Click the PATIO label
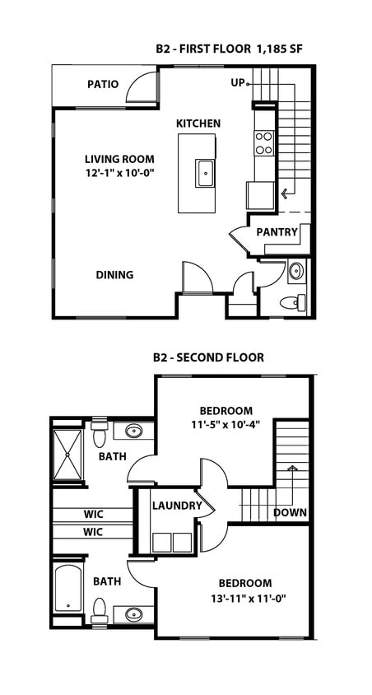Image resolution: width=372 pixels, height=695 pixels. tap(103, 84)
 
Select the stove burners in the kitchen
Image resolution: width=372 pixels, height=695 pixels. tap(263, 143)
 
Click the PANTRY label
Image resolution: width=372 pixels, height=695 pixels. tap(277, 232)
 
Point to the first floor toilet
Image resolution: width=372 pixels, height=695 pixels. tap(291, 303)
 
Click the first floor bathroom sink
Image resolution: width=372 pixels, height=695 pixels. tap(296, 272)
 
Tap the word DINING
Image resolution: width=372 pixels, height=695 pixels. tap(114, 275)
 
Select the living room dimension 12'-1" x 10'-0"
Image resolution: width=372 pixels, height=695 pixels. tap(120, 174)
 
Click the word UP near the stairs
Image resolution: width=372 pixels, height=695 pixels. tap(238, 83)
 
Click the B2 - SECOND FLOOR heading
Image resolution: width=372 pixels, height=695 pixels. tap(208, 357)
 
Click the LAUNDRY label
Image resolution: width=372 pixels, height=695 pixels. tap(176, 506)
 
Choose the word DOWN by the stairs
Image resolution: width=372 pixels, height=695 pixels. tap(291, 512)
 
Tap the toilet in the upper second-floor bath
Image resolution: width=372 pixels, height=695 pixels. tap(100, 431)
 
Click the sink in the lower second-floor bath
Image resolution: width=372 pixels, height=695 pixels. tap(133, 614)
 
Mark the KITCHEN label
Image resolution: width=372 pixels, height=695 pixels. tap(198, 124)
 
